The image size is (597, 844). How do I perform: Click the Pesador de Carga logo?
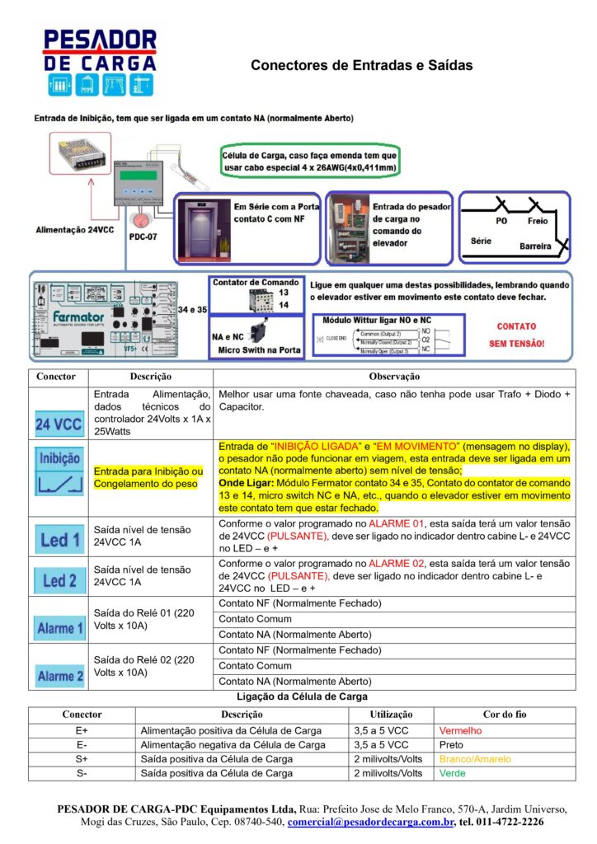[x=100, y=63]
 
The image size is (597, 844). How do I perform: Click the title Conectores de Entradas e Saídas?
[x=361, y=65]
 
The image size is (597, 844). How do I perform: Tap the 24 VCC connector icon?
[x=59, y=425]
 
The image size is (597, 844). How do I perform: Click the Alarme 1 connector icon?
[x=59, y=628]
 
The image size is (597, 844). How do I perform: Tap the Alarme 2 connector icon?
[x=59, y=675]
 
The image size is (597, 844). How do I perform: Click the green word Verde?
[x=452, y=773]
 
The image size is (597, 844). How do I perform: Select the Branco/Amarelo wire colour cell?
[x=475, y=759]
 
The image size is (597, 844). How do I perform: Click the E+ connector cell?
[x=81, y=730]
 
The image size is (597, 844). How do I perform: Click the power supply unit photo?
[x=79, y=154]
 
